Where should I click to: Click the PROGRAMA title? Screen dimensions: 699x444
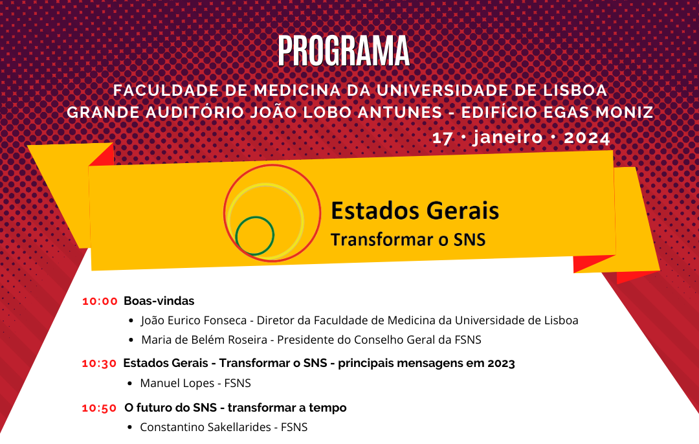[344, 51]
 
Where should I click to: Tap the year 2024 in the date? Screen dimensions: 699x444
[586, 138]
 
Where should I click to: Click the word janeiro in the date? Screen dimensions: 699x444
[508, 137]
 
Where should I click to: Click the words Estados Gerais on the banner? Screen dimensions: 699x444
[415, 211]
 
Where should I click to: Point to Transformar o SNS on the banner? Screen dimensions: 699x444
[408, 240]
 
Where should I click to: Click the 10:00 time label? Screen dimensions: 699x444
[100, 302]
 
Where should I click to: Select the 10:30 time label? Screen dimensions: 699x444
[99, 364]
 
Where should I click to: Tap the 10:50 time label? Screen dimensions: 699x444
[99, 408]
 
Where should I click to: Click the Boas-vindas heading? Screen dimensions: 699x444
[159, 301]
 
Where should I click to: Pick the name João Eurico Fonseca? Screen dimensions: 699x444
[194, 320]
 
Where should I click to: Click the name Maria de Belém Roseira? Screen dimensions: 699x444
[204, 340]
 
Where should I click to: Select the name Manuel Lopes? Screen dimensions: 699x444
[177, 383]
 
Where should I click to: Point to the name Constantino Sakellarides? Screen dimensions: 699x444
[206, 427]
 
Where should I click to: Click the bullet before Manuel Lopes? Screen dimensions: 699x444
[129, 383]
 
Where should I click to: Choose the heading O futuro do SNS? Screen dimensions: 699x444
[171, 408]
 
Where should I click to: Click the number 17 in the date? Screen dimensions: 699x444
[442, 139]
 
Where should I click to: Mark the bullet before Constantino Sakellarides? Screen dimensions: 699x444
[129, 428]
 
